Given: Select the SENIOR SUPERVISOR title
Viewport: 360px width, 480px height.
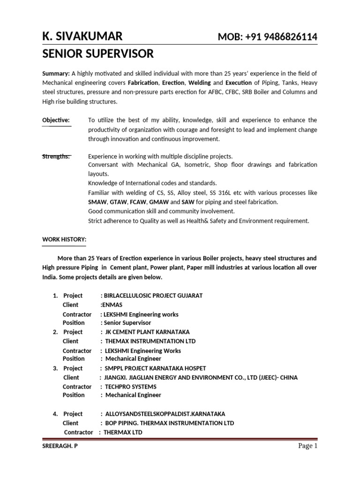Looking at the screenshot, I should (x=97, y=54).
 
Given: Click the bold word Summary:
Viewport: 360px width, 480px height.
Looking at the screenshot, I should (x=56, y=73).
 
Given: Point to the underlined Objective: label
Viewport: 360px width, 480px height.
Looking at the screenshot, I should (x=56, y=120).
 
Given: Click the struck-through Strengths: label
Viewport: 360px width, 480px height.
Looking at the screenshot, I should (x=56, y=156).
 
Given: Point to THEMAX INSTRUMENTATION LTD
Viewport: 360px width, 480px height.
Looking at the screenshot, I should (x=150, y=341).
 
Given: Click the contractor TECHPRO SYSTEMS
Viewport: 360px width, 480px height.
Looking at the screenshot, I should (x=131, y=387).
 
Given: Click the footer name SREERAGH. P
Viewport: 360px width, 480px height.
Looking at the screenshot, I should (x=60, y=446).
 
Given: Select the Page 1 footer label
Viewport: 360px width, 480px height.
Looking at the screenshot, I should (x=308, y=446).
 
